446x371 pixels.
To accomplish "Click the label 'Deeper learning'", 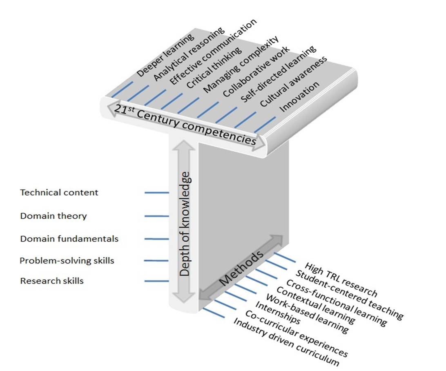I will tap(165, 56).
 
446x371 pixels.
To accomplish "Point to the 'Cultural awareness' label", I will tap(294, 82).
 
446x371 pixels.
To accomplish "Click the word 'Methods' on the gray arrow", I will tap(241, 268).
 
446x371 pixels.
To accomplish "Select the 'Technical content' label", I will tap(59, 192).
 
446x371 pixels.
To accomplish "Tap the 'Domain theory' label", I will tap(54, 216).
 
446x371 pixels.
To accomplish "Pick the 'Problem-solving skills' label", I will tap(67, 260).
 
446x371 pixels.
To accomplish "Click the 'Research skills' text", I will tap(52, 281).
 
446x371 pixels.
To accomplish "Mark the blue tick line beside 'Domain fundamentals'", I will tap(157, 239).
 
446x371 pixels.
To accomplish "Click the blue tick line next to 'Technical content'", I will tap(157, 192).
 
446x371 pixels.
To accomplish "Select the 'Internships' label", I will tap(278, 314).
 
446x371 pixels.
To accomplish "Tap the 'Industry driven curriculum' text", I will tap(286, 342).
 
